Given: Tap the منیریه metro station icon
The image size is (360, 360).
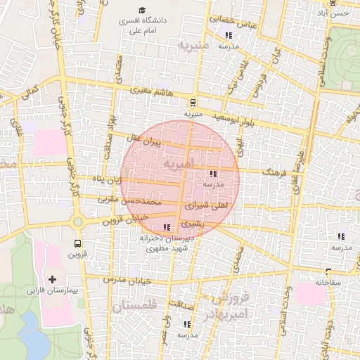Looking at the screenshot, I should point(193,102).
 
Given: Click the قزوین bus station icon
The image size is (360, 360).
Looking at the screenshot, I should point(77,243).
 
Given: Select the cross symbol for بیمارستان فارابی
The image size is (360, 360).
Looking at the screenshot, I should point(52,279).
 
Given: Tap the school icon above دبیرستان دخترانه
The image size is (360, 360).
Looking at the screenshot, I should point(167,227).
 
